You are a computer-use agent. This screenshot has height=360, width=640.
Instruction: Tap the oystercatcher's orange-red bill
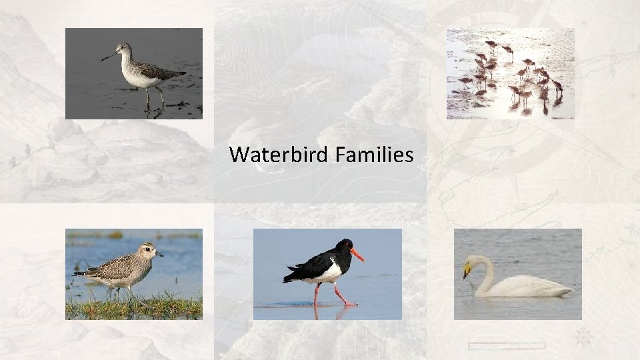tap(357, 254)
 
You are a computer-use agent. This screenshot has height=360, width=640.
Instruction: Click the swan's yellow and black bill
tap(467, 271)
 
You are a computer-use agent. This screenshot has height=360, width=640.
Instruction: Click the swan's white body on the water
tap(527, 287)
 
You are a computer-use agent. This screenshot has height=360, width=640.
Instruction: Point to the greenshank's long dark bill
tap(109, 56)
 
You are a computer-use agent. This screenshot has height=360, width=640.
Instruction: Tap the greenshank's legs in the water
tap(154, 97)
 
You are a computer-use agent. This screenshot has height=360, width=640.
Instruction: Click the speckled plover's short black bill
tap(159, 253)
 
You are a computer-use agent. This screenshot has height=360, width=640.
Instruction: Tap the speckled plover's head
tap(148, 251)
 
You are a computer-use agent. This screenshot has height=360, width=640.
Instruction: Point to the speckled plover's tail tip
tap(75, 273)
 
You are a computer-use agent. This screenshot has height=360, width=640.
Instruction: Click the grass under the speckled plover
tap(133, 307)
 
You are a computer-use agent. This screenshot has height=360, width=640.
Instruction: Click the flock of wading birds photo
tap(510, 73)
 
